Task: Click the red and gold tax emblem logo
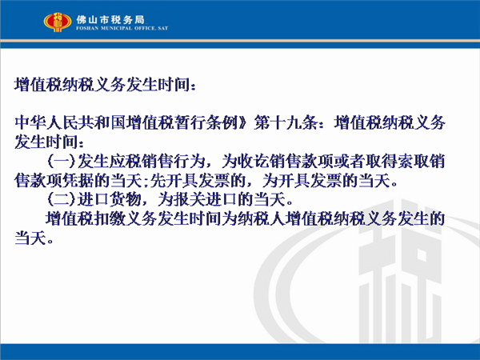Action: point(58,22)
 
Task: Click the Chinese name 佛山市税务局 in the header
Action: point(110,20)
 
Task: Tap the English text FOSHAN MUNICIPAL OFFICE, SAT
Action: point(122,28)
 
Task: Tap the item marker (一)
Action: point(62,162)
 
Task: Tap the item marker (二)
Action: point(62,199)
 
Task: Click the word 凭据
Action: point(78,181)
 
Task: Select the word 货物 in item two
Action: point(125,199)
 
